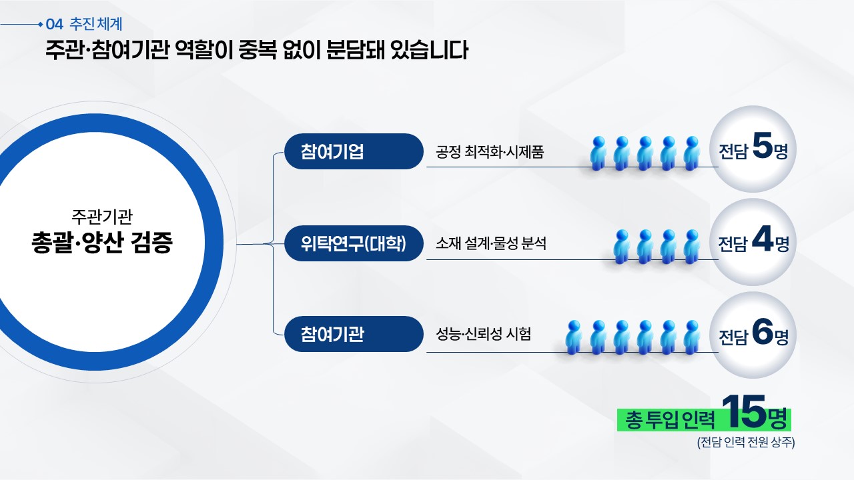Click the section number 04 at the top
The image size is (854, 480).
[x=55, y=25]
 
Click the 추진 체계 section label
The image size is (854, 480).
[x=95, y=24]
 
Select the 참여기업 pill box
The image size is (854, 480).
[x=354, y=151]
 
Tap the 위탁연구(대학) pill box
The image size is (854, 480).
[x=354, y=243]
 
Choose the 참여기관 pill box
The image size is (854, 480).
[x=354, y=334]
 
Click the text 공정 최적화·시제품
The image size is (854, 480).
[x=490, y=152]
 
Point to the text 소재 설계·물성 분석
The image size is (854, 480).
[x=491, y=243]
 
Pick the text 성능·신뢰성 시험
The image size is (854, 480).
[x=484, y=334]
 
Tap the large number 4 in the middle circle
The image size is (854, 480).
[x=763, y=239]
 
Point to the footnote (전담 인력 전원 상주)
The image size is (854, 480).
[x=746, y=442]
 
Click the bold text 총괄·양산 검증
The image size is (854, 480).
[x=102, y=242]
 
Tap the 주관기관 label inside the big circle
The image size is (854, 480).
[x=102, y=216]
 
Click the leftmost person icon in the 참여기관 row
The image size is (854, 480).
[x=573, y=337]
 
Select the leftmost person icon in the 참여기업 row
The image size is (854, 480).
[x=598, y=153]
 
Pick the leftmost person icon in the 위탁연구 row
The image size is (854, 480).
[x=622, y=247]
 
